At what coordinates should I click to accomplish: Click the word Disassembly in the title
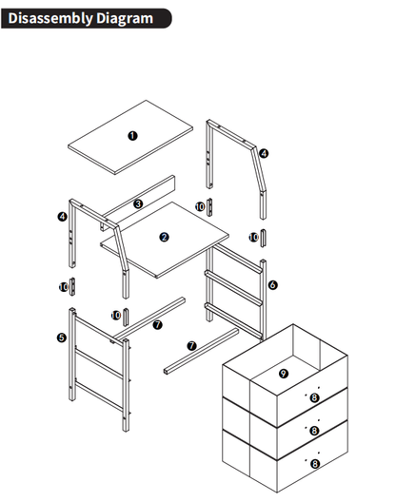coord(50,19)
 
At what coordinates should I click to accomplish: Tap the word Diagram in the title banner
coord(125,19)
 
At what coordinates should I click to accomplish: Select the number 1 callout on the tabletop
coord(132,136)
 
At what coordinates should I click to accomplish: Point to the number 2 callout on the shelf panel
coord(164,238)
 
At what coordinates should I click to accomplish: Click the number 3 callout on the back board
coord(138,203)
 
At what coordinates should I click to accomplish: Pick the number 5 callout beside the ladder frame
coord(62,338)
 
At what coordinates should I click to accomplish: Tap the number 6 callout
coord(272,284)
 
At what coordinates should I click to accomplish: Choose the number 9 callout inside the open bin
coord(283,374)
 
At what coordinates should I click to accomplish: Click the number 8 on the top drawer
coord(314,397)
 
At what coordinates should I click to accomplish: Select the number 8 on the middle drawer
coord(314,431)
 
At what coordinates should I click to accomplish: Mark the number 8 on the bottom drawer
coord(315,464)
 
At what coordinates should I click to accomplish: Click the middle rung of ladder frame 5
coord(99,364)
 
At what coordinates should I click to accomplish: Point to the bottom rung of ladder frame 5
coord(99,396)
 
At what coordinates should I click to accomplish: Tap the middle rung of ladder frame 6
coord(234,288)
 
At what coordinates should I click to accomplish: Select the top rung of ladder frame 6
coord(237,259)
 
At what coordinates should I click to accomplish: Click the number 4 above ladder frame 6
coord(264,153)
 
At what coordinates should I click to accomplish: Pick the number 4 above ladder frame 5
coord(62,217)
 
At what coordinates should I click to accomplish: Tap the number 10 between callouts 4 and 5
coord(64,287)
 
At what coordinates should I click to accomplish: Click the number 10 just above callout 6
coord(253,238)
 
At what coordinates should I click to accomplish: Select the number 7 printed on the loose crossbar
coord(191,346)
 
